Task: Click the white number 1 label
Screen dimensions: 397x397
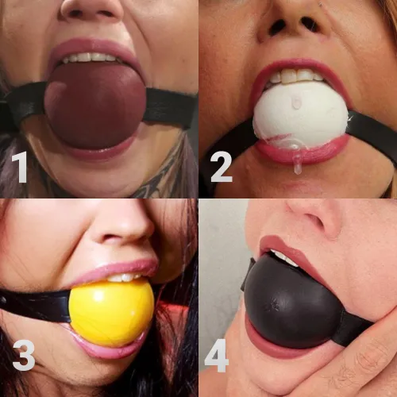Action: pos(20,168)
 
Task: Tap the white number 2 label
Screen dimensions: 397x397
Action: pos(220,168)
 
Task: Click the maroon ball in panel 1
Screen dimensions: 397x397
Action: pos(95,105)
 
